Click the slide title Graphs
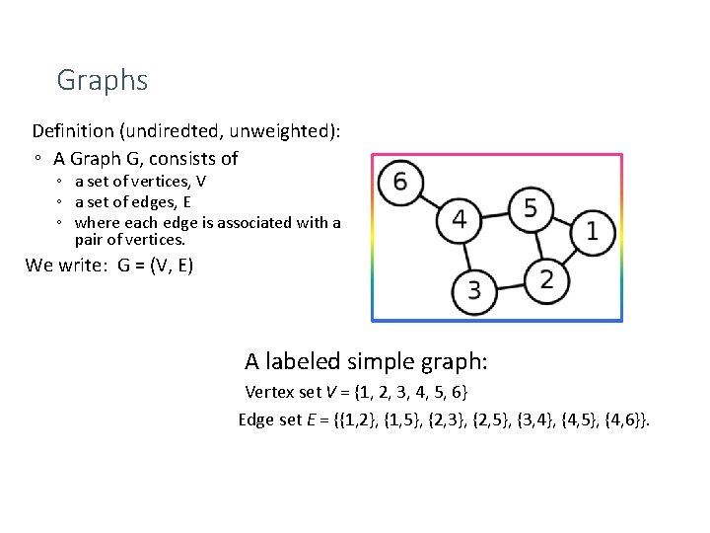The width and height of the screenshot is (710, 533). [x=103, y=80]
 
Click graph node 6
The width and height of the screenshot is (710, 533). [x=399, y=183]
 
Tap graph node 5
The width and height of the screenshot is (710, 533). [x=531, y=208]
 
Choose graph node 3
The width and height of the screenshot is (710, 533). [x=474, y=290]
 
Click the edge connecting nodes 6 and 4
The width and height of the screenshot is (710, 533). [x=429, y=200]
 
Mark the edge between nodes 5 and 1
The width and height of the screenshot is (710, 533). [x=561, y=220]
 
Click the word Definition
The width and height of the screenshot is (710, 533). [x=73, y=131]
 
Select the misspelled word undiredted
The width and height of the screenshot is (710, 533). [x=177, y=131]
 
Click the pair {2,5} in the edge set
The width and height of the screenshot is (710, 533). [x=476, y=420]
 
